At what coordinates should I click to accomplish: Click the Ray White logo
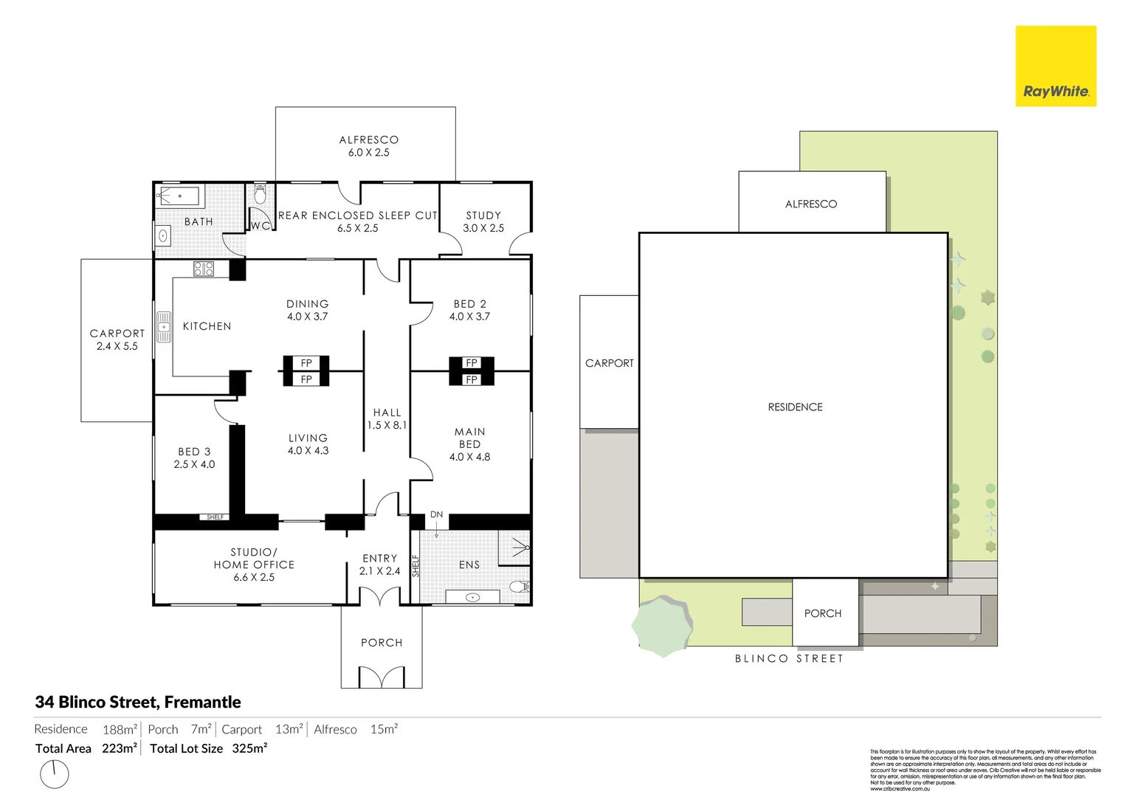point(1055,66)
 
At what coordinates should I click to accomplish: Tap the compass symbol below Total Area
point(54,774)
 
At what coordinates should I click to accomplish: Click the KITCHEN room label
point(207,326)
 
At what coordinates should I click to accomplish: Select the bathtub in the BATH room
point(179,197)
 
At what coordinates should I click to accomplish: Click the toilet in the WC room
point(260,195)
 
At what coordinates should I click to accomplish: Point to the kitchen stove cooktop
point(204,269)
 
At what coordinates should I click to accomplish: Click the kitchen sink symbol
point(164,327)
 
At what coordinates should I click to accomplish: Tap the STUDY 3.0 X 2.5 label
point(483,221)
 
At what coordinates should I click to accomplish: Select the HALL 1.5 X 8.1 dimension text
point(387,425)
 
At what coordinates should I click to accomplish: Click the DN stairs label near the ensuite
point(437,514)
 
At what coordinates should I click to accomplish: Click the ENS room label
point(469,565)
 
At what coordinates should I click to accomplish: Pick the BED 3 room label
point(194,452)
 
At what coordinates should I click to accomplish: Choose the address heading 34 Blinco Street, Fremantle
point(138,703)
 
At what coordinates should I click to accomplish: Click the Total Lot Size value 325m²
point(249,748)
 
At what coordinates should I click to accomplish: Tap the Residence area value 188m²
point(120,730)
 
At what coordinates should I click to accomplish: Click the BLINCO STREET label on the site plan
point(789,658)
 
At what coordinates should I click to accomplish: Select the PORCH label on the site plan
point(823,613)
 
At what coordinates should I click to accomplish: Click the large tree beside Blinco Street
point(663,626)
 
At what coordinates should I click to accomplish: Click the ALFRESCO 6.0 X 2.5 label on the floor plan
point(369,146)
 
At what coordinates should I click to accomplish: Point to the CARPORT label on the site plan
point(610,363)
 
